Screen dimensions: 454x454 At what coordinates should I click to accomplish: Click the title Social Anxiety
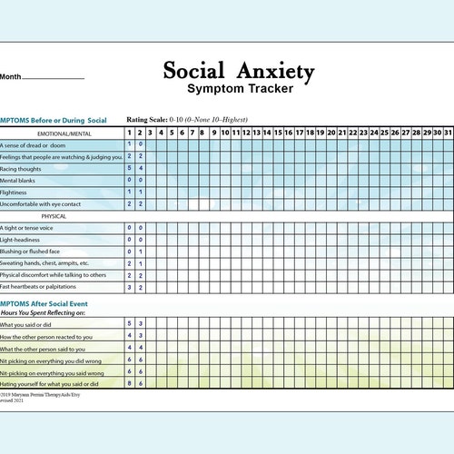pos(239,71)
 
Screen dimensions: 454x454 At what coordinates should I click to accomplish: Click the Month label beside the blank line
pos(11,77)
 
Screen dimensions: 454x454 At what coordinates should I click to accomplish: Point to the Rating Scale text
pos(187,120)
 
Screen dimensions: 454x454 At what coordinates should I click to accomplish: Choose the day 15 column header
pos(278,133)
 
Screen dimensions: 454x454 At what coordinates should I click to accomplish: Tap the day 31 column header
pos(448,133)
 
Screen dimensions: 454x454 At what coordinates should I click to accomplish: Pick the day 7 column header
pos(192,133)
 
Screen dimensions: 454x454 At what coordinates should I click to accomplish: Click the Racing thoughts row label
pos(22,168)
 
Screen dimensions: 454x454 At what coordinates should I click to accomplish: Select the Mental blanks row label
pos(20,180)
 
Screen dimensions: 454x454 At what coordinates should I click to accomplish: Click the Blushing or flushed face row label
pos(31,252)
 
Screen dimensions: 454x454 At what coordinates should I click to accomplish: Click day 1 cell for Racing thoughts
pos(129,168)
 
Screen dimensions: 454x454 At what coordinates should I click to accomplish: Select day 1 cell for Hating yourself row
pos(129,384)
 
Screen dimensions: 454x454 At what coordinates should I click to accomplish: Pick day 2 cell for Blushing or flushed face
pos(140,252)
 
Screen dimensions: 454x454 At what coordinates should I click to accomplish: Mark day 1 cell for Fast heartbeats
pos(129,287)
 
